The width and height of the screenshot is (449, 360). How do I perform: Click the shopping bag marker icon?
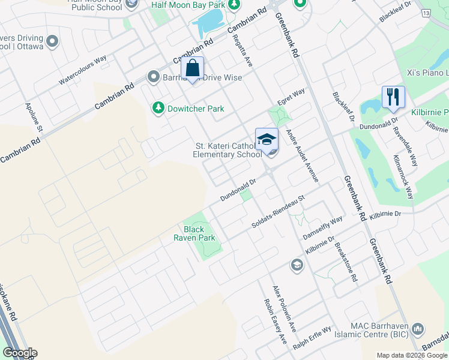coord(193,68)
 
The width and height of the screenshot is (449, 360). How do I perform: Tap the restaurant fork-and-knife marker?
coord(393,97)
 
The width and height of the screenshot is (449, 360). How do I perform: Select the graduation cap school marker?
coord(267,140)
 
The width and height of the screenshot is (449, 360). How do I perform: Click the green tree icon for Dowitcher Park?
coord(158,109)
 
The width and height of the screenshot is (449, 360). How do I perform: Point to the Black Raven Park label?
coord(194,233)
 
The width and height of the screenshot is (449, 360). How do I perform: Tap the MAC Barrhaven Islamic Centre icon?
coord(418,329)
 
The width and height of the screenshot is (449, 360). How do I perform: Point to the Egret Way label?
coord(291,95)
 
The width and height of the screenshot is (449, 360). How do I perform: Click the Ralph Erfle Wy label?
coord(312,339)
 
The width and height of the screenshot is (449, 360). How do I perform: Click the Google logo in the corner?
coord(19,353)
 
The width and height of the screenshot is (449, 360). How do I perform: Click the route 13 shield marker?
coord(426,13)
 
